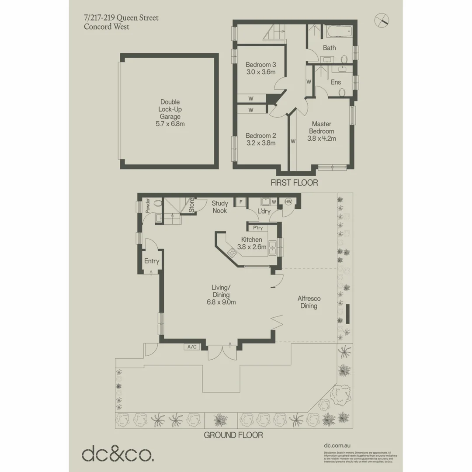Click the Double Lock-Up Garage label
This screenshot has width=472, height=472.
[x=170, y=109]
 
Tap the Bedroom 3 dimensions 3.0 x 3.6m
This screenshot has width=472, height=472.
[x=260, y=72]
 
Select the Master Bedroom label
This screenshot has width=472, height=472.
[x=322, y=128]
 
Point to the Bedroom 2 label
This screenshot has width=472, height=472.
[x=260, y=135]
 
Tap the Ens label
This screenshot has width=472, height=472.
[x=336, y=82]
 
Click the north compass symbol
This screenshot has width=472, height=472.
[x=382, y=20]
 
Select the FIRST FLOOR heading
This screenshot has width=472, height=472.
[x=294, y=183]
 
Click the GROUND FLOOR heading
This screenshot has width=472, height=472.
[x=233, y=435]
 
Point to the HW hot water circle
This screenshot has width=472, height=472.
[x=288, y=201]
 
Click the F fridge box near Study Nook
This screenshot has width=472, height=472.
[x=240, y=201]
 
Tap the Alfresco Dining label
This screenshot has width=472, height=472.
[x=309, y=302]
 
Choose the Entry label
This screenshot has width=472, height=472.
[x=152, y=261]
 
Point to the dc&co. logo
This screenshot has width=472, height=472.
[x=118, y=453]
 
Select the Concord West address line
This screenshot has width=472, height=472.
[x=107, y=27]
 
